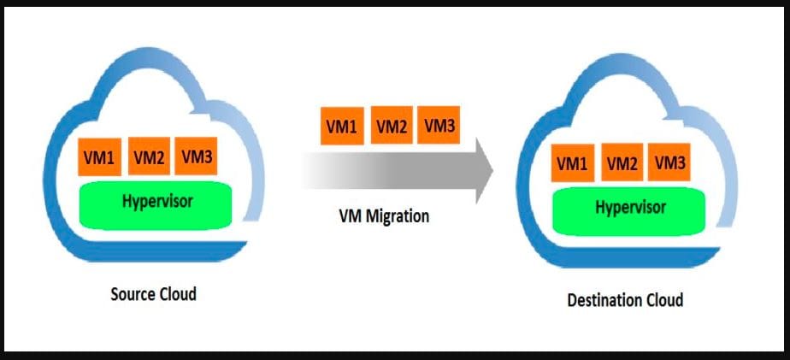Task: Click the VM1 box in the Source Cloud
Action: (x=100, y=157)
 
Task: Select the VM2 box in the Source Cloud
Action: (x=149, y=157)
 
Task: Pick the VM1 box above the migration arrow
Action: (x=342, y=127)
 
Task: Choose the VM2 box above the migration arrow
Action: (x=391, y=127)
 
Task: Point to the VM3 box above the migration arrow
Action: (x=439, y=127)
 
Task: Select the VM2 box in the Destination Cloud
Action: (x=622, y=162)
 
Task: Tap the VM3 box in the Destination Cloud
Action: (x=669, y=162)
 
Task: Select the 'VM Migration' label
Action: (x=384, y=216)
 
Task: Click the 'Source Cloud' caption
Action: (x=154, y=294)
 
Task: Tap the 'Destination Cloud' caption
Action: (x=625, y=300)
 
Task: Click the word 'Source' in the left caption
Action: (x=133, y=294)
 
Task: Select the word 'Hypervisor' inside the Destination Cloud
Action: (x=631, y=208)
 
